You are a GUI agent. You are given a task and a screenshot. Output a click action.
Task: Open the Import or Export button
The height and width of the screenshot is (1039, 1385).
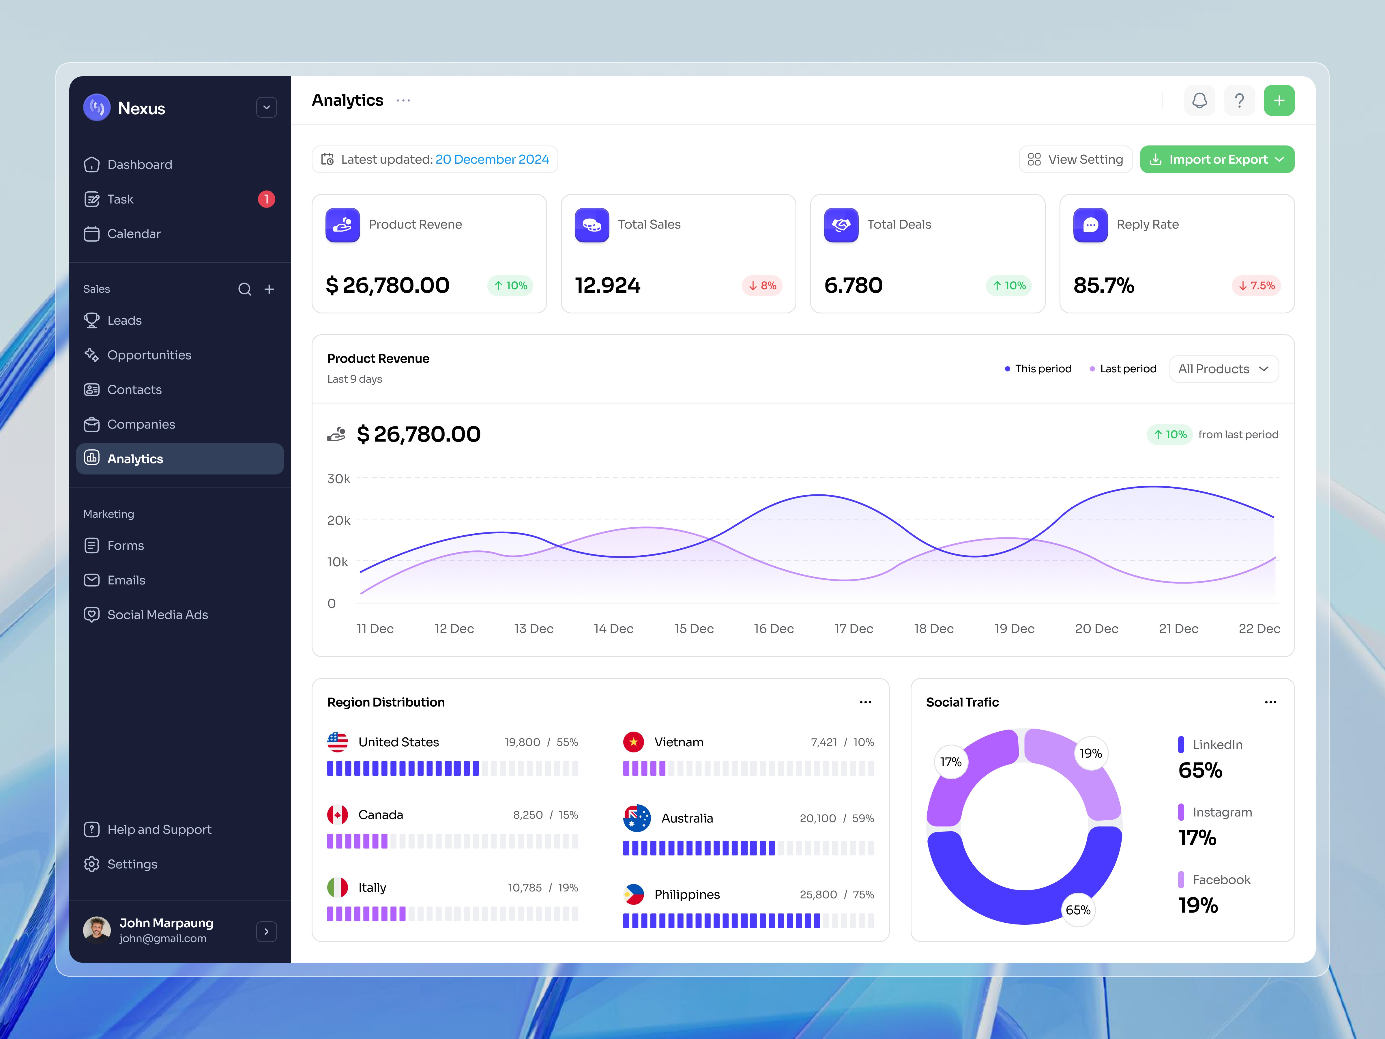click(x=1216, y=160)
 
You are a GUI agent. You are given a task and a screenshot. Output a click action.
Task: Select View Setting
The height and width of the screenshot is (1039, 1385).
click(x=1075, y=160)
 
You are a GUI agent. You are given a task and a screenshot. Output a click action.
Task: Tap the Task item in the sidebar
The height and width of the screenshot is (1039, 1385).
click(x=120, y=199)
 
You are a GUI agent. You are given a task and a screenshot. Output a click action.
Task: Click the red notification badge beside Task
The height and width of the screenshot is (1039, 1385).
click(x=266, y=199)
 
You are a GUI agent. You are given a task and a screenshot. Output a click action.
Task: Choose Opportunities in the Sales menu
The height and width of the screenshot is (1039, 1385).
click(x=149, y=355)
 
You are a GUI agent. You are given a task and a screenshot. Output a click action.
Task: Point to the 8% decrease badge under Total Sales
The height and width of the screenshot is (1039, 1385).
click(x=762, y=286)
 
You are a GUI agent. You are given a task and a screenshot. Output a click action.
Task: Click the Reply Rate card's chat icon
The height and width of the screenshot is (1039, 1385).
click(x=1090, y=225)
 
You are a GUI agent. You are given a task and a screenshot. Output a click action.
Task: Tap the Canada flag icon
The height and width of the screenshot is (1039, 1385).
click(x=338, y=815)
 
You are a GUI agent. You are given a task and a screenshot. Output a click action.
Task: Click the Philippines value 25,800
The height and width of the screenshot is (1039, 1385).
click(x=818, y=894)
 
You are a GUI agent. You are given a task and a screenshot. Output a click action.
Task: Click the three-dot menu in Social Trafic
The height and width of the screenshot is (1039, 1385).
click(x=1270, y=702)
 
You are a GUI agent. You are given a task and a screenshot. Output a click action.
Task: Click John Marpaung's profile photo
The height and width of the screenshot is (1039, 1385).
click(x=97, y=930)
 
